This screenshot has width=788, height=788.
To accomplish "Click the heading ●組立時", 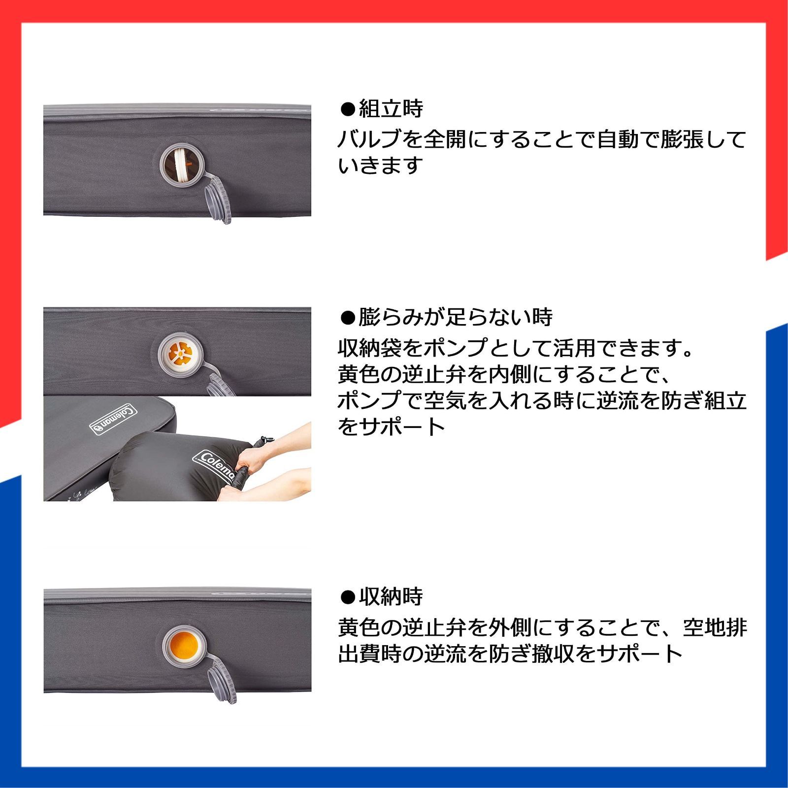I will pyautogui.click(x=382, y=109).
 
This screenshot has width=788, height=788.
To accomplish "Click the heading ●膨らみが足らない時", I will pyautogui.click(x=446, y=318).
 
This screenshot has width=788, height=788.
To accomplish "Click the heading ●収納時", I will pyautogui.click(x=382, y=597).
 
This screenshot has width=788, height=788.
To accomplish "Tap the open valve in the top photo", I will pyautogui.click(x=182, y=163).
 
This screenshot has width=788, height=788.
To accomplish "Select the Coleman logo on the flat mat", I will pyautogui.click(x=114, y=419).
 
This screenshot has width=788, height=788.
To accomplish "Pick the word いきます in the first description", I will pyautogui.click(x=381, y=165).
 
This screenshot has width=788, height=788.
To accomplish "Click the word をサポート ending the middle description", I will pyautogui.click(x=392, y=426).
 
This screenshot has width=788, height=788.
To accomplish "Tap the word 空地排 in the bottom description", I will pyautogui.click(x=715, y=628).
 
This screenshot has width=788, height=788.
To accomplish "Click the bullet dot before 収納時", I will pyautogui.click(x=348, y=597).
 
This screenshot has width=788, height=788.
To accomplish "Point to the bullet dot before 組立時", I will pyautogui.click(x=348, y=109).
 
